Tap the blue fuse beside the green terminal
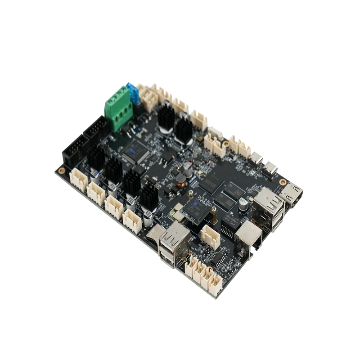tap(134, 93)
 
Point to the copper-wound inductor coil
tap(180, 182)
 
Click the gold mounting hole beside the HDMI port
tap(282, 182)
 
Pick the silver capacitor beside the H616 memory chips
tap(243, 205)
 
